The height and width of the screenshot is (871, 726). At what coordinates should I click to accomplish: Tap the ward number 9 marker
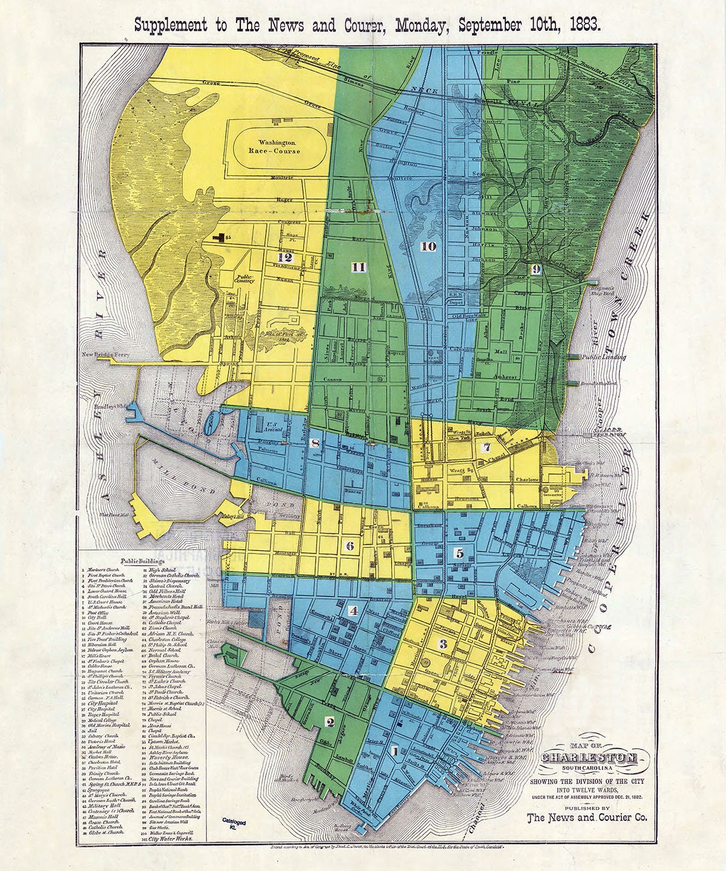tap(535, 270)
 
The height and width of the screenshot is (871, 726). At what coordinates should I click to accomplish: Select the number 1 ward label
tap(396, 752)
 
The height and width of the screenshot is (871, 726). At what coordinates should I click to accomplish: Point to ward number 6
tap(350, 546)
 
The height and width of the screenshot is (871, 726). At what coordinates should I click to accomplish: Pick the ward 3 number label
tap(443, 644)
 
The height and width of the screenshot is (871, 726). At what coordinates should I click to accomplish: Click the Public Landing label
tap(603, 357)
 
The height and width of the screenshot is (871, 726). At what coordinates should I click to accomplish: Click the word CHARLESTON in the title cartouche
tap(587, 758)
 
